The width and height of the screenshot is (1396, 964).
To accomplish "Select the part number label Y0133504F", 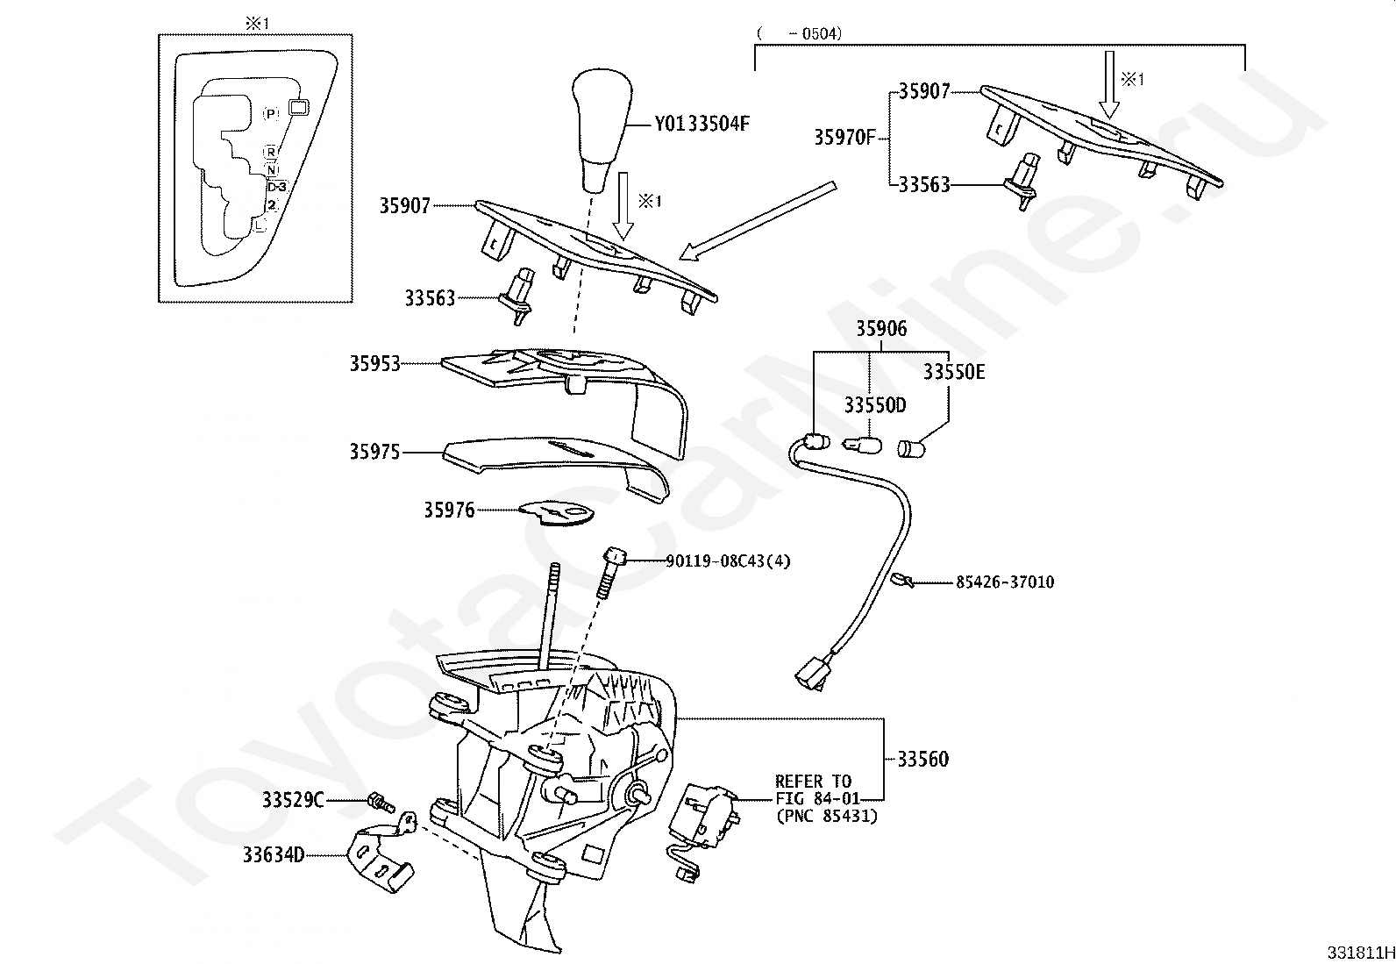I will coord(702,124).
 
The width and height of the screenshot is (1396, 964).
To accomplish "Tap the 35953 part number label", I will coord(374,363).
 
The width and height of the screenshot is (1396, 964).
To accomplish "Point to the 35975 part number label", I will coord(374,452).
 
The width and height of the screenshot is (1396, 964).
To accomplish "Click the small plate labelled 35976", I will coord(556,511).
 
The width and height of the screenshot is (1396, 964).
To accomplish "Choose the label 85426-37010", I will coord(1004,582).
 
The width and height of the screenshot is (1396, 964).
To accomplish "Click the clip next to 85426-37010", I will coord(901,579).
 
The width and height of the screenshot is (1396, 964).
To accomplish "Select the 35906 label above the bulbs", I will coord(881,329).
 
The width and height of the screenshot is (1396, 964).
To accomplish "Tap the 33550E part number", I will coord(953,372).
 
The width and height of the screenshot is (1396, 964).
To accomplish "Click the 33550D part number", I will coord(874,405).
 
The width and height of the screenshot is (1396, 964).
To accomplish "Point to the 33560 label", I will coord(922,760).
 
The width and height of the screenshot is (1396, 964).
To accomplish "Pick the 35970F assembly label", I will coord(844,137).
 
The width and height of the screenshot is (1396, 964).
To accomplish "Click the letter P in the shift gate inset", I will coord(271,113).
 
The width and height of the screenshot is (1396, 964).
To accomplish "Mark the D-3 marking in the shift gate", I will coord(277,187).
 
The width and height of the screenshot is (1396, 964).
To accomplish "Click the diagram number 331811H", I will coord(1359,953).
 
